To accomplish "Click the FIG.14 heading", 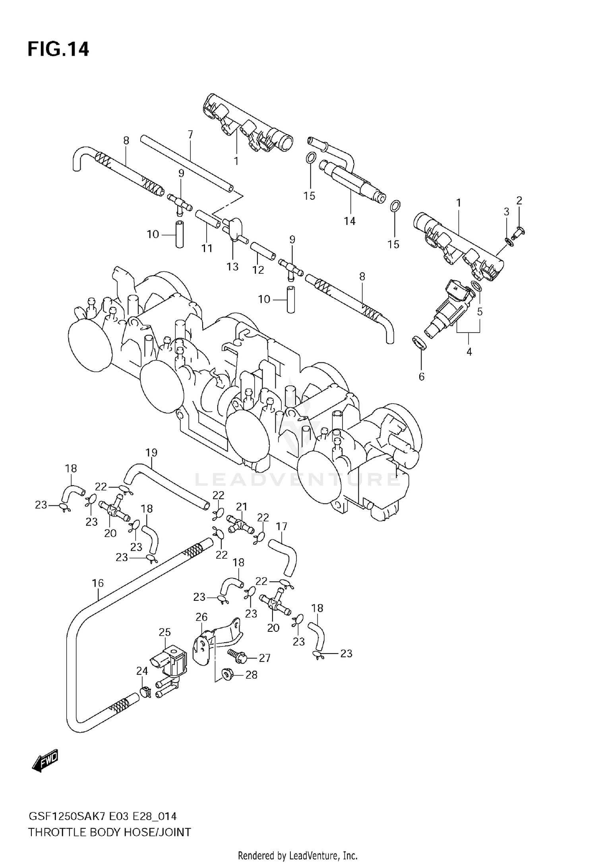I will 58,50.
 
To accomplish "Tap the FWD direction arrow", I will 45,760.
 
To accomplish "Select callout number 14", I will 350,221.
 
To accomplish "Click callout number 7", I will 190,135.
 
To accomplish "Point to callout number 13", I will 232,266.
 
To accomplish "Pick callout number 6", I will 422,376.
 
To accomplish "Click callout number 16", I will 98,583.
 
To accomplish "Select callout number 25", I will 164,632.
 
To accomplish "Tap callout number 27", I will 265,658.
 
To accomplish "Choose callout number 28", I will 252,675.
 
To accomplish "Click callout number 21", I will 242,507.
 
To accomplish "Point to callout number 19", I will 151,453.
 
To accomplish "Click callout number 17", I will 281,526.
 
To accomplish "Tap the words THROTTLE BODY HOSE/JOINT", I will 109,832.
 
